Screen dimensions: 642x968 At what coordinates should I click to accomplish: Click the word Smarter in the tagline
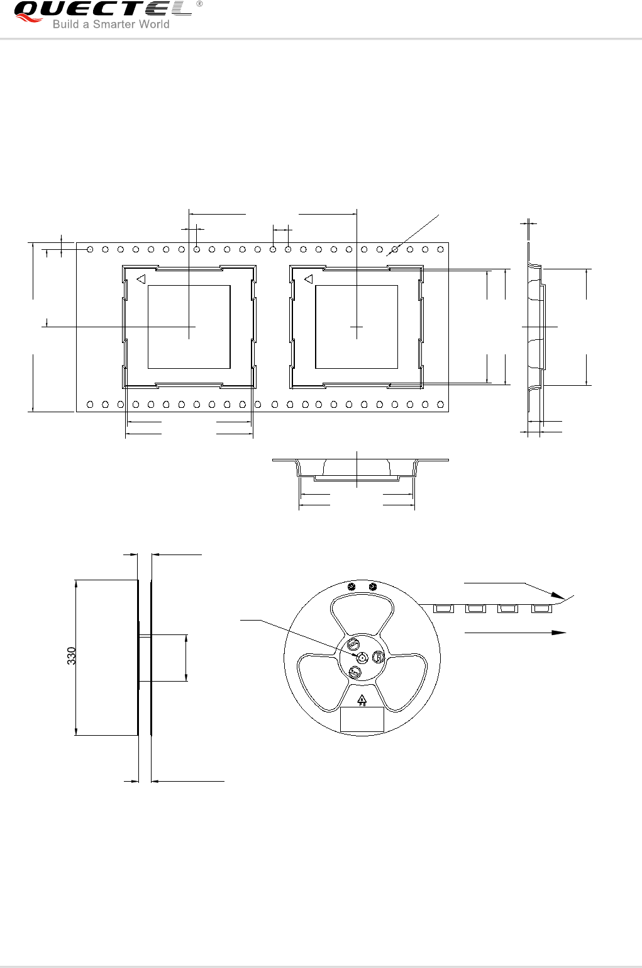(114, 24)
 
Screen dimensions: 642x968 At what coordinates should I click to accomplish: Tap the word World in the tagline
(153, 24)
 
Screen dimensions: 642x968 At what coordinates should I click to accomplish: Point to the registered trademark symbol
(199, 4)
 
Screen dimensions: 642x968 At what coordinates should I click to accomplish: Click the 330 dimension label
(71, 656)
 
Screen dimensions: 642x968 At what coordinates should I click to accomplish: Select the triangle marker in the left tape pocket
(141, 279)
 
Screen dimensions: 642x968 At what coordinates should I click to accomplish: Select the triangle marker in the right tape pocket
(309, 279)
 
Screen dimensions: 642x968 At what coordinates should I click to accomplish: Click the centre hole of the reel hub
(362, 658)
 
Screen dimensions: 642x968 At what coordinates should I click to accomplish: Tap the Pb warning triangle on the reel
(362, 700)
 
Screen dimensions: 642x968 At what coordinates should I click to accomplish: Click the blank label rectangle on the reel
(362, 719)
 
